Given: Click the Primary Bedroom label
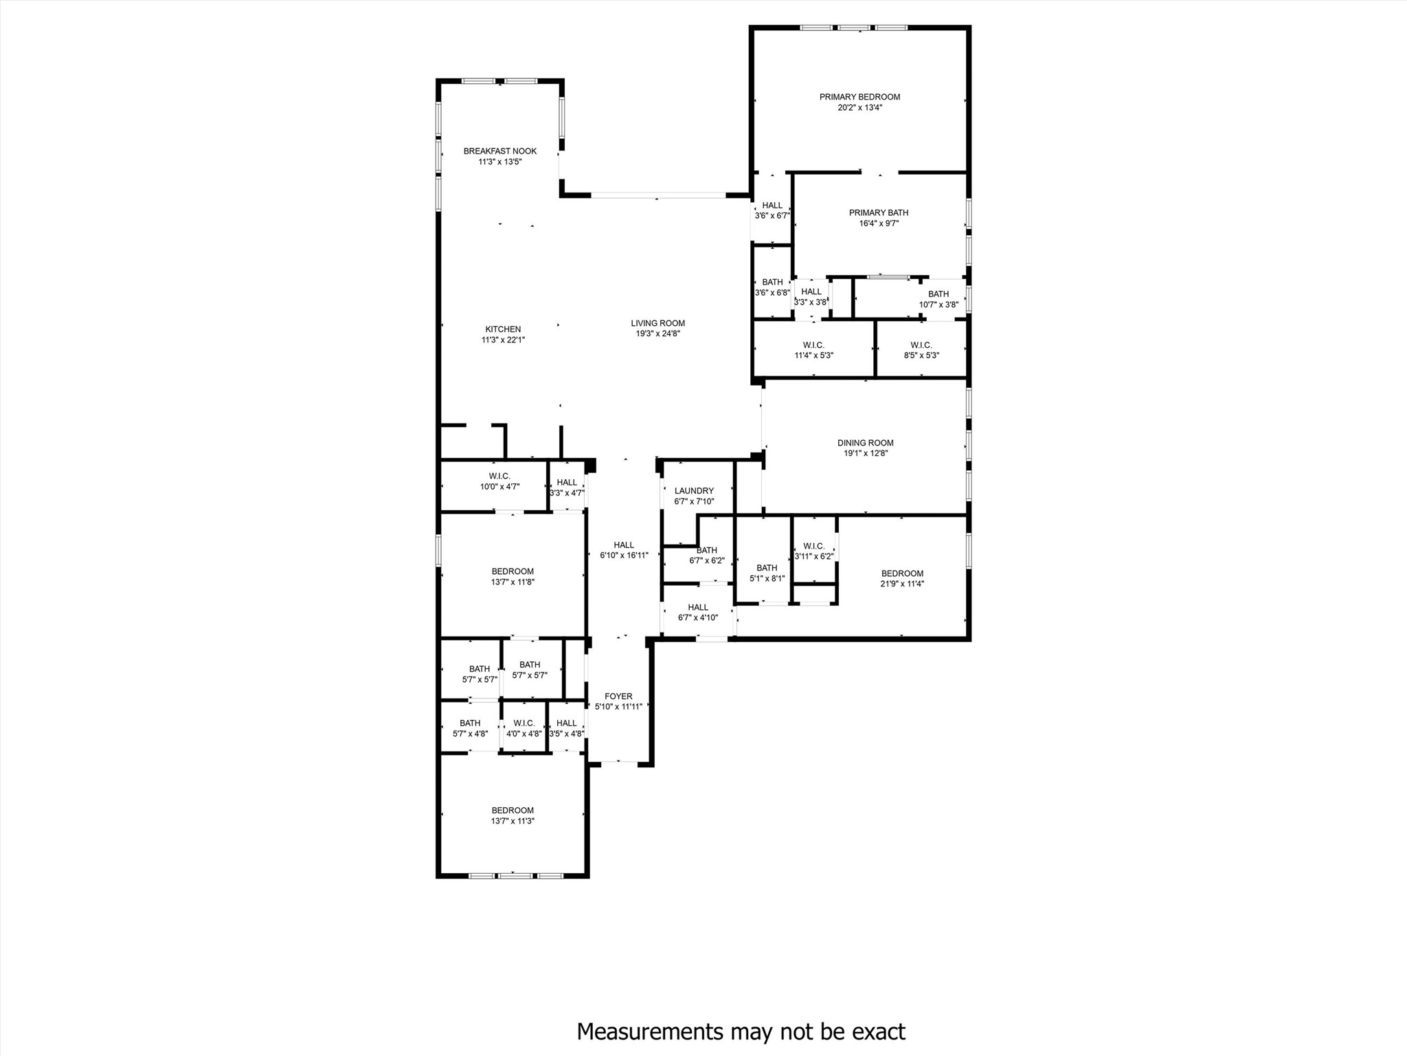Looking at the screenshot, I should coord(859,97).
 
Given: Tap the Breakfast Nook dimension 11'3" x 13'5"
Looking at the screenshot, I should coord(500,162).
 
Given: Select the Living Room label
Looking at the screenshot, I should coord(657,323).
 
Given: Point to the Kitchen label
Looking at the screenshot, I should coord(503,329).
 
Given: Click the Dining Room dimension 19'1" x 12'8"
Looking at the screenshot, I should coord(866,453).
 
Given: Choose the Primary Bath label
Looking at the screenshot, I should coord(879,213).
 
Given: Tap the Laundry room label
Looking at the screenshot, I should coord(694,491).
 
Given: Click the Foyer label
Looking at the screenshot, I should coord(618,696).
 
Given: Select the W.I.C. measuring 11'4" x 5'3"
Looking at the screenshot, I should coord(813,350).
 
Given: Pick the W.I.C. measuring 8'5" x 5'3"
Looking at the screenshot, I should coord(921,350).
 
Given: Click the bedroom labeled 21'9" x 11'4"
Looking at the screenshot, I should coord(902,578).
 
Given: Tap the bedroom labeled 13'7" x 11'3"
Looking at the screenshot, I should coord(513,815).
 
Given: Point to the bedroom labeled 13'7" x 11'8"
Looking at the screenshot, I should coord(513,576).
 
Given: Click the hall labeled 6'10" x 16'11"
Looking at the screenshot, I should coord(624,550).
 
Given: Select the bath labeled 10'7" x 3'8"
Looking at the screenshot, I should coord(938,299).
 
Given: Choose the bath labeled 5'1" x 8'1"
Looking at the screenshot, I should coord(767,573).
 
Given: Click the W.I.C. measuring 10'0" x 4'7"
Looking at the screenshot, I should coord(499,481).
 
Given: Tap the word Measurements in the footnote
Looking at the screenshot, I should coord(650,1031).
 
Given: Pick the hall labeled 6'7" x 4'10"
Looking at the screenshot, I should coord(698,612).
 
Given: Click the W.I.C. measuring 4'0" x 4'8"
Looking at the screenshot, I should coord(524,728).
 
